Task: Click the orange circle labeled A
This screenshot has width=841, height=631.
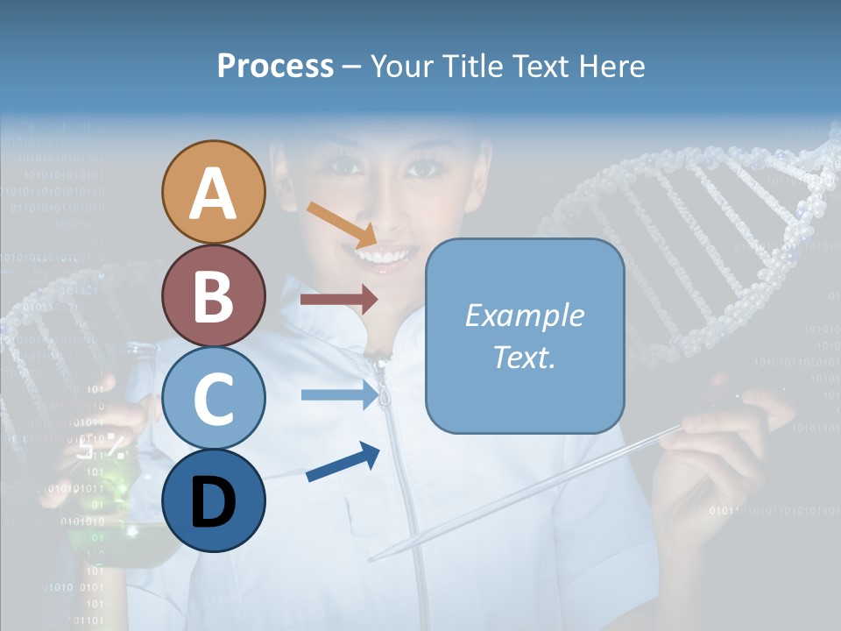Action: point(213,193)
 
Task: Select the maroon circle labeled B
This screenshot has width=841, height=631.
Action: point(213,296)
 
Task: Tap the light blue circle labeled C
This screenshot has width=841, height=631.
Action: point(213,399)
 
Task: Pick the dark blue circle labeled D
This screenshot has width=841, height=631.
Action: point(213,500)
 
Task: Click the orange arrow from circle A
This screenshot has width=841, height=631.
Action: point(342,223)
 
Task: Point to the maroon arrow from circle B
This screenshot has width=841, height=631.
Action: point(338,299)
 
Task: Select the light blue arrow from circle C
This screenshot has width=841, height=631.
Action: point(338,394)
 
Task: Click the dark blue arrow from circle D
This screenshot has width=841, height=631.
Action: point(343,462)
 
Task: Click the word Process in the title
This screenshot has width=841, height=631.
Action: point(275,66)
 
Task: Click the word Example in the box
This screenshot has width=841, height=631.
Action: point(524,315)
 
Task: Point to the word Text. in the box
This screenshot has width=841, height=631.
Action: point(524,357)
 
